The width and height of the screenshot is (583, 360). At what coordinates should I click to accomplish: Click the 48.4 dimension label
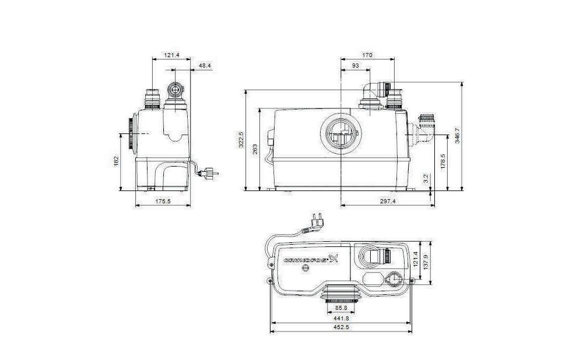coord(205,65)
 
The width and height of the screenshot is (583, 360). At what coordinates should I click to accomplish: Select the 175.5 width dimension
coord(163,202)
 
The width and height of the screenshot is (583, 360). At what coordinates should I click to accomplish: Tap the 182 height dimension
coord(117,160)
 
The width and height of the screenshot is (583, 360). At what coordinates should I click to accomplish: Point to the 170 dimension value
coord(367,55)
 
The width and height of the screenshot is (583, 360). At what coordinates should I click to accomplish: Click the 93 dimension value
coord(355,66)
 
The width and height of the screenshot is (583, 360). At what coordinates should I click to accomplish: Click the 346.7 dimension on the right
coord(458,136)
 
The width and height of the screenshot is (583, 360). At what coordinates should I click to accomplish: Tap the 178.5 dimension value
coord(443,161)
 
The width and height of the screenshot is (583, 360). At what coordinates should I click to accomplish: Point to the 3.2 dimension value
coord(426,178)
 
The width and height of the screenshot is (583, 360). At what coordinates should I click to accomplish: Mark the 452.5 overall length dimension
coord(340,328)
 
